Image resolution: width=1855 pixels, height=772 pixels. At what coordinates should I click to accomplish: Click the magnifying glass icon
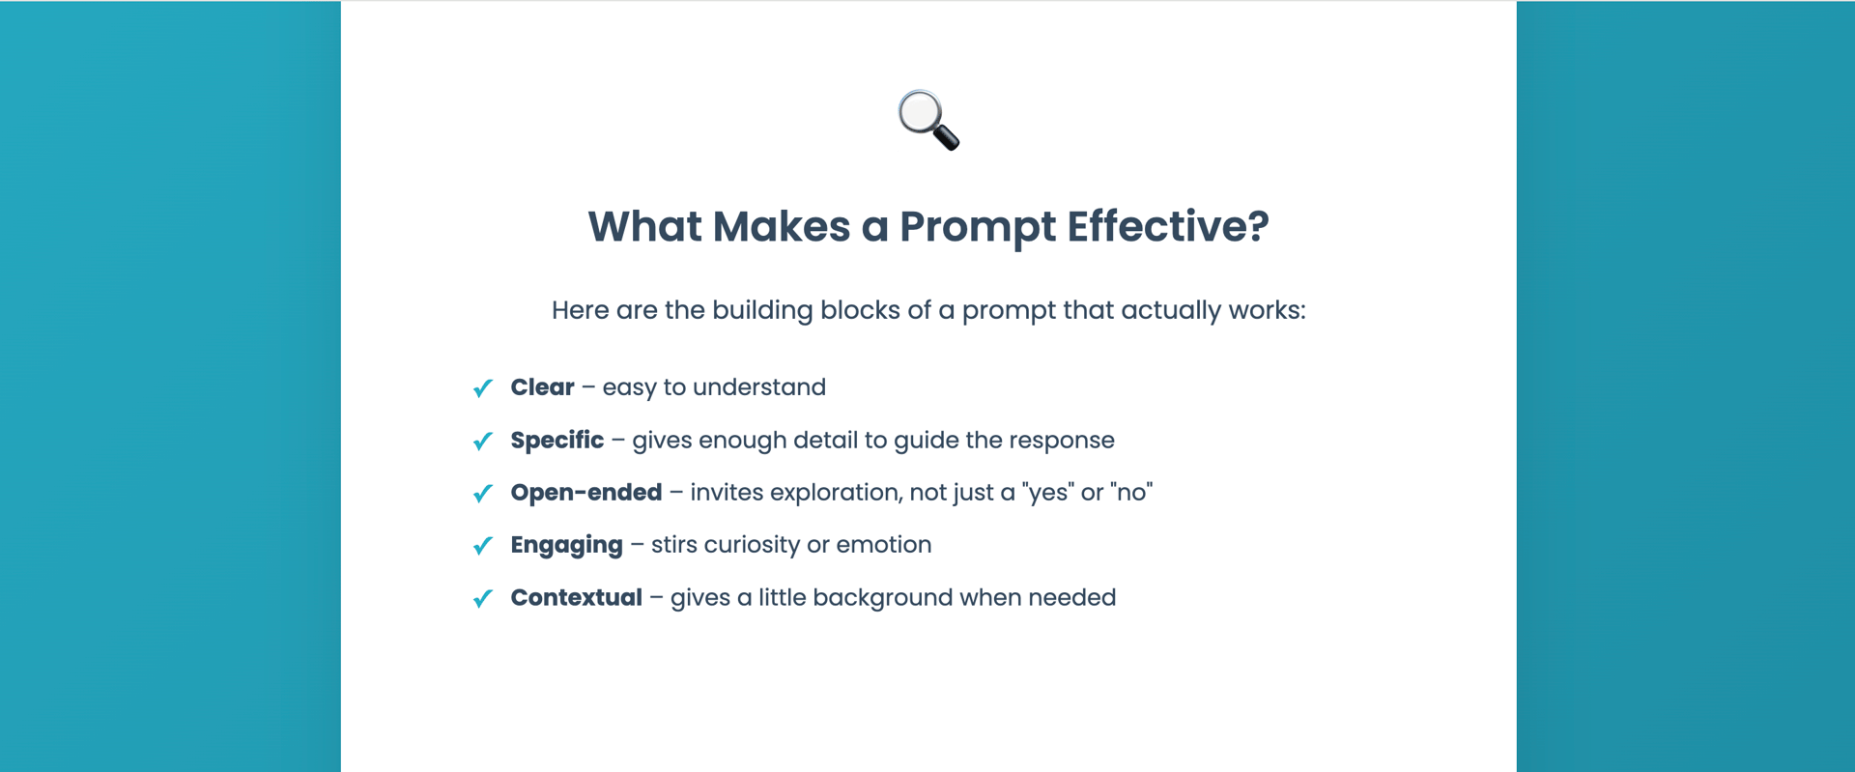928,120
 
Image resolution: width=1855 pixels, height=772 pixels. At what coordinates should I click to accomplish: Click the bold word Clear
542,387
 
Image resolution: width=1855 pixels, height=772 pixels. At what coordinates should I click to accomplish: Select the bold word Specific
557,441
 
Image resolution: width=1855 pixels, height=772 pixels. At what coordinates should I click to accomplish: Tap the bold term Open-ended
586,493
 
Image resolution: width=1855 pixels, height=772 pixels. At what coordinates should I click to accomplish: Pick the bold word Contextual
577,598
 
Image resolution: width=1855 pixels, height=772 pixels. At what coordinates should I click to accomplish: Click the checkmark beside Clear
483,388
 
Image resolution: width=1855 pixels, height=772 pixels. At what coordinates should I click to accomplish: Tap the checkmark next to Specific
483,441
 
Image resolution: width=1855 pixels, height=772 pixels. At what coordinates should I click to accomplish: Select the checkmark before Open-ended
483,494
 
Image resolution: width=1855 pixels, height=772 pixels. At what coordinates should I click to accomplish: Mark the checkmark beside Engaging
483,546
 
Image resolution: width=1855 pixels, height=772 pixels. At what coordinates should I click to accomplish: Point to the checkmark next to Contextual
483,599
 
